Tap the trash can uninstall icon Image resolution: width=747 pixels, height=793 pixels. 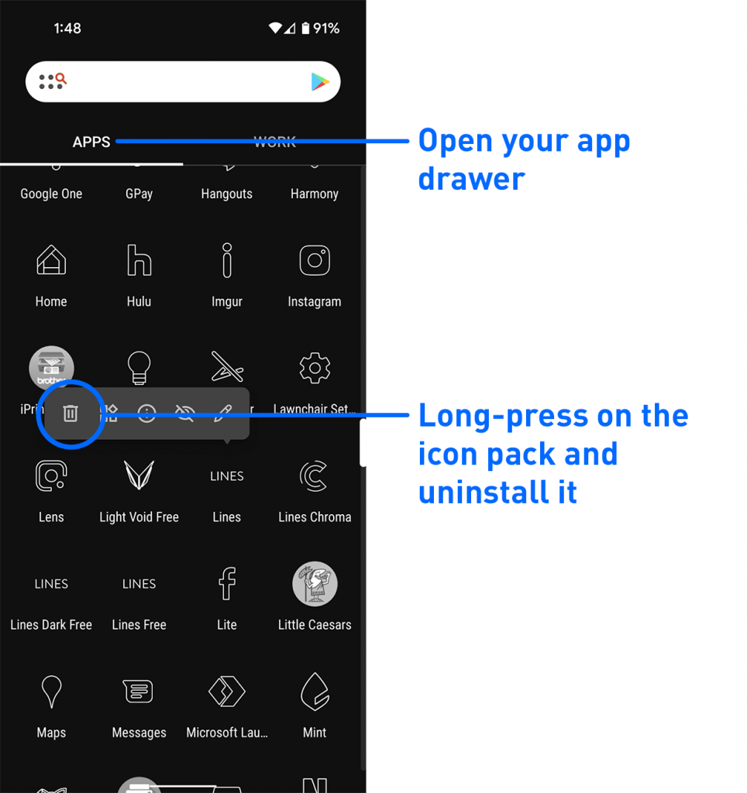pyautogui.click(x=71, y=414)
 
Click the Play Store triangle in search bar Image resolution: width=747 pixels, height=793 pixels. pyautogui.click(x=319, y=81)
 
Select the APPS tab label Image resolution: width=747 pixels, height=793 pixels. pyautogui.click(x=91, y=142)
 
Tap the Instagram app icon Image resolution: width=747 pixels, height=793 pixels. pyautogui.click(x=315, y=261)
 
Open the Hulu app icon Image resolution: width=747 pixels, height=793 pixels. pyautogui.click(x=139, y=261)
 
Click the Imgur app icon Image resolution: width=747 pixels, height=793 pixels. pyautogui.click(x=227, y=260)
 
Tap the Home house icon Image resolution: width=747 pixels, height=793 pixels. pyautogui.click(x=51, y=261)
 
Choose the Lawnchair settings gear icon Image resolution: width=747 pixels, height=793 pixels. pyautogui.click(x=315, y=368)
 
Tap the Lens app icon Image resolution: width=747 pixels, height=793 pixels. pyautogui.click(x=51, y=476)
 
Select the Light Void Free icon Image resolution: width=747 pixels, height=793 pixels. pyautogui.click(x=139, y=475)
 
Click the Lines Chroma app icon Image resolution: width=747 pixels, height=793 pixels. pyautogui.click(x=315, y=476)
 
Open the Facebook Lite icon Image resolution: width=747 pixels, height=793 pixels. pyautogui.click(x=227, y=583)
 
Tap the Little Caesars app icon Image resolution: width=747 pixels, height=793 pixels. pyautogui.click(x=315, y=584)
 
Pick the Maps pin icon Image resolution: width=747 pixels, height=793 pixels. pyautogui.click(x=51, y=691)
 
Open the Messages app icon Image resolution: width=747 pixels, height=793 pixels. pyautogui.click(x=139, y=691)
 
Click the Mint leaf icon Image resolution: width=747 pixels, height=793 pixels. pyautogui.click(x=315, y=691)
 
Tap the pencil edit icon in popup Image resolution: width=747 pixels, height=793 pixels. pyautogui.click(x=222, y=414)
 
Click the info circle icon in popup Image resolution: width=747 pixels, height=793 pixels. pyautogui.click(x=146, y=414)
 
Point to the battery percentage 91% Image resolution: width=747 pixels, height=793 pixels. pyautogui.click(x=326, y=29)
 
